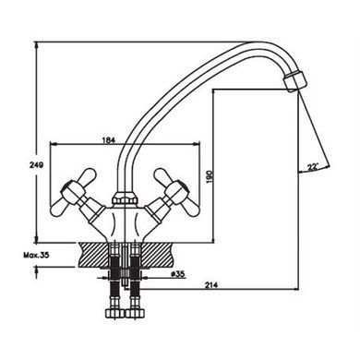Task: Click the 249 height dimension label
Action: pos(37,164)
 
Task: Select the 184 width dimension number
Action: pos(108,140)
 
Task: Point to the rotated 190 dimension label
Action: pos(209,176)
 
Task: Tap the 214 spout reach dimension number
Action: pos(211,285)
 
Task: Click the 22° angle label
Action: pos(313,167)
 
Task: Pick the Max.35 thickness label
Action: pos(36,255)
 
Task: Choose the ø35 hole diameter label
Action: pos(178,274)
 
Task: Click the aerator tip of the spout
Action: pos(294,81)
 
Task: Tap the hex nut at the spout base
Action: pos(125,198)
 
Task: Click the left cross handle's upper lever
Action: pos(86,175)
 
